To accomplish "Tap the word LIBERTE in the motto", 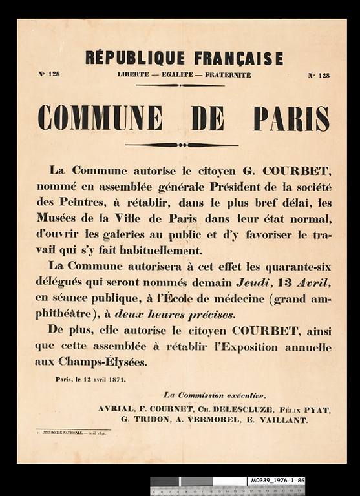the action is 134,75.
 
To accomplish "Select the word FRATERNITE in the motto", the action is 228,75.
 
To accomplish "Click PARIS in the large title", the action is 291,118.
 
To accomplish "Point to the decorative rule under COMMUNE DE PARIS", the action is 182,145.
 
